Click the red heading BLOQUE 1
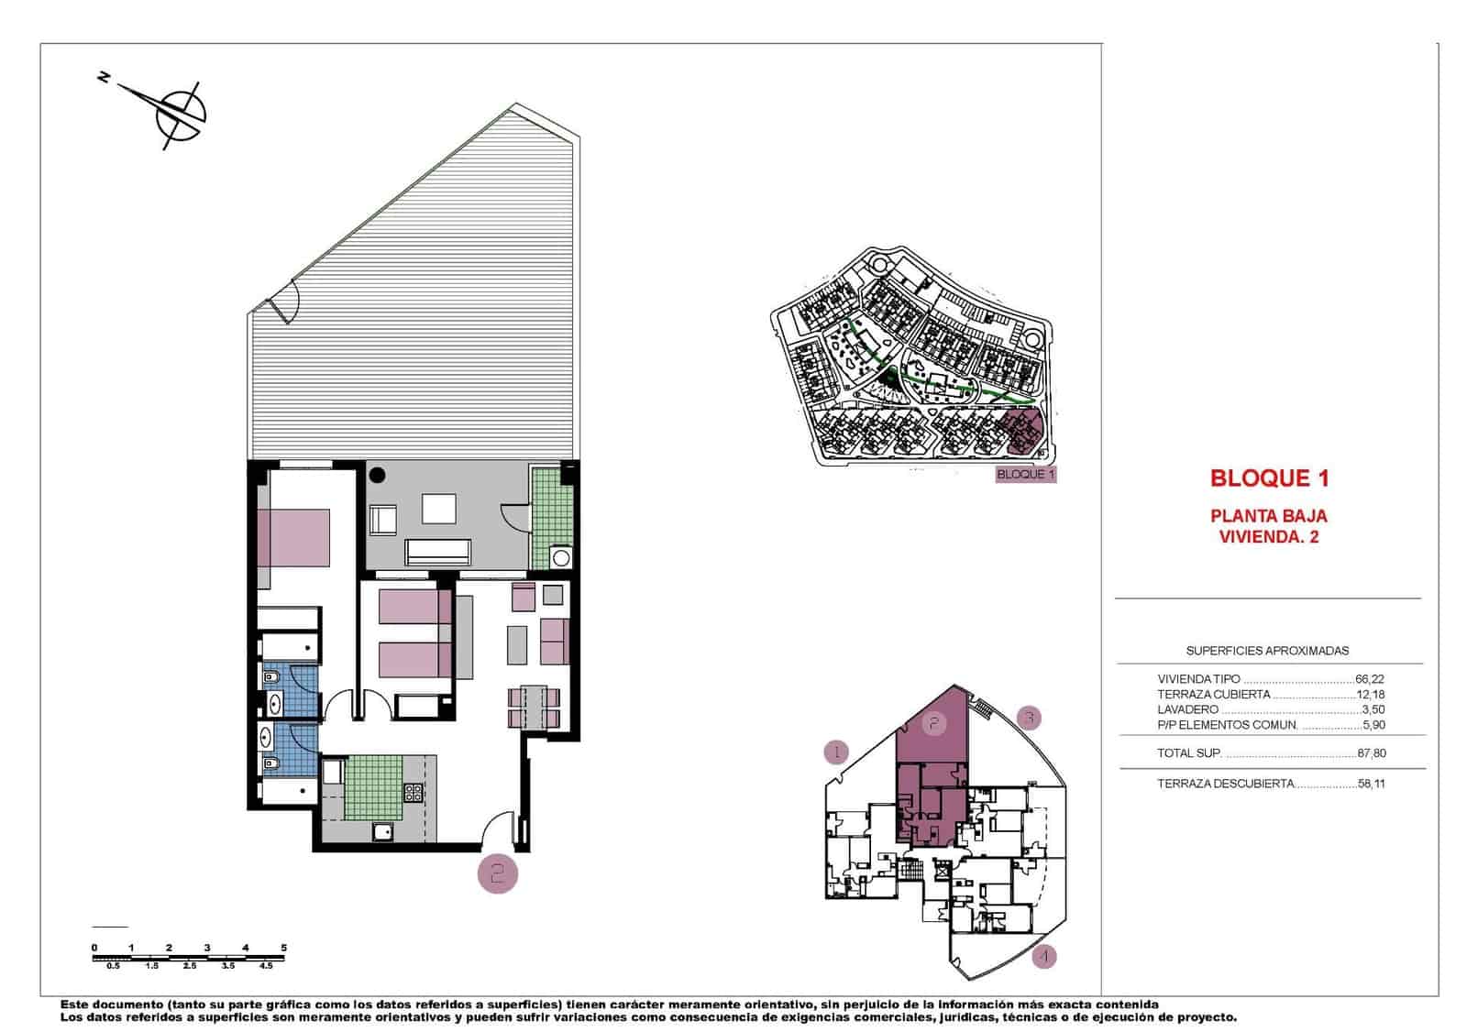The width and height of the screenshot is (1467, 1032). [x=1269, y=478]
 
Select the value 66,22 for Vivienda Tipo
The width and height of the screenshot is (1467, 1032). [x=1370, y=680]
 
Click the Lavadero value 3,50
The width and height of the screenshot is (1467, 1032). [x=1373, y=709]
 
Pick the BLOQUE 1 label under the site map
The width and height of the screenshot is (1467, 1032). [x=1026, y=475]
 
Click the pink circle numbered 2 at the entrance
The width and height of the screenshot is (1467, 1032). [x=497, y=873]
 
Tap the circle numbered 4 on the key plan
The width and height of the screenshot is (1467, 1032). [x=1043, y=957]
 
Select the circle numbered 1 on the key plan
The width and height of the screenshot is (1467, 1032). [x=835, y=753]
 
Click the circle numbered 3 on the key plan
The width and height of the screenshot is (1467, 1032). [x=1029, y=718]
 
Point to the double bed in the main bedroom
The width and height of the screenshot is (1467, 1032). [x=293, y=538]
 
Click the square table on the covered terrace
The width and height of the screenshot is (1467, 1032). [x=439, y=510]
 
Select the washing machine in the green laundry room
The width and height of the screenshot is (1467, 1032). [x=559, y=557]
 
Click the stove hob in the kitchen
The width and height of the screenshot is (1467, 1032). [x=414, y=793]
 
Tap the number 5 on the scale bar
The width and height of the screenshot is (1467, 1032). [x=284, y=948]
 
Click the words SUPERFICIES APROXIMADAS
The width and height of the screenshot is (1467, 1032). [x=1267, y=651]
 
